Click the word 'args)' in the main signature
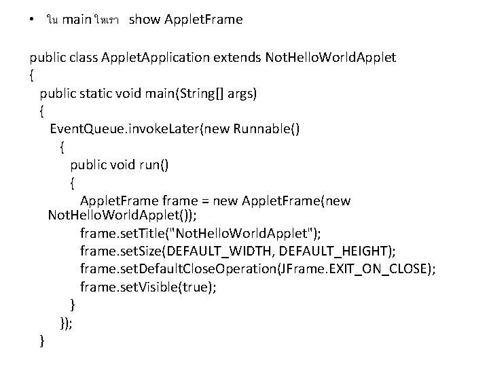(x=241, y=92)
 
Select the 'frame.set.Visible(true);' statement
(x=149, y=287)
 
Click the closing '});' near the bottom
(x=67, y=324)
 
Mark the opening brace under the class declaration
(x=32, y=74)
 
